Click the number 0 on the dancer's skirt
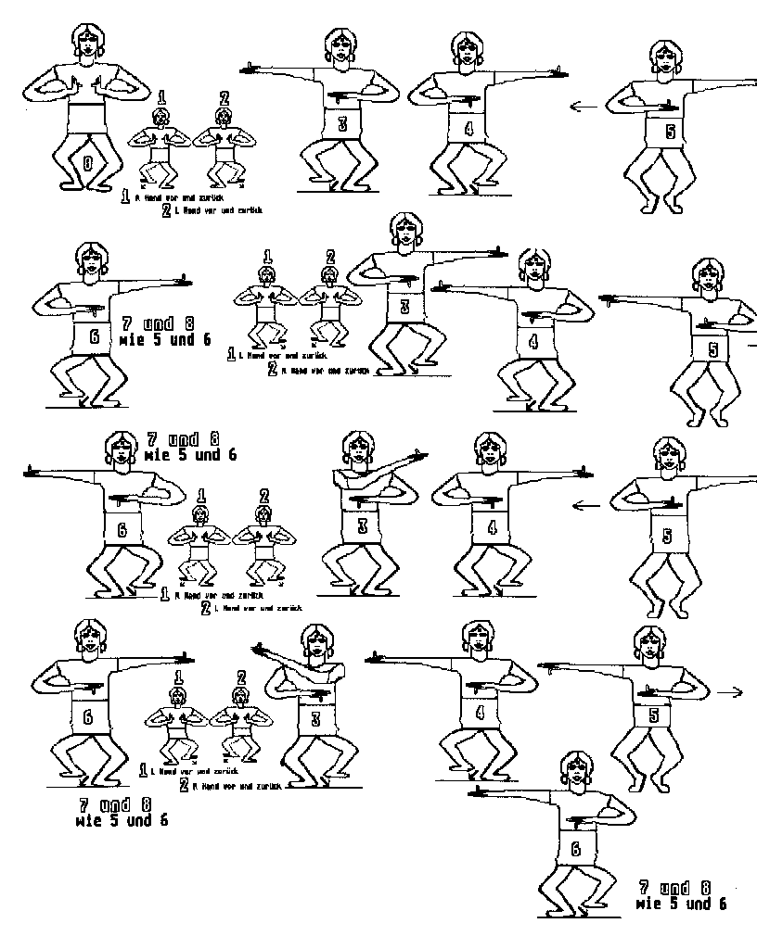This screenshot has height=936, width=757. click(88, 163)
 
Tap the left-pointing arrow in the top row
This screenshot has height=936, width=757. click(584, 107)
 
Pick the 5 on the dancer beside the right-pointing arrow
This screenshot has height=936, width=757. click(654, 715)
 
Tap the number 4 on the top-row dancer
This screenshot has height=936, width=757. click(468, 128)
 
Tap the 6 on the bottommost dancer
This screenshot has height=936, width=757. click(575, 848)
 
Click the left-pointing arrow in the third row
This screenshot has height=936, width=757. click(584, 505)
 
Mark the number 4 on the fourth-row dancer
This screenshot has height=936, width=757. click(480, 713)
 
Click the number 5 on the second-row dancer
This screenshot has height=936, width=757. click(712, 349)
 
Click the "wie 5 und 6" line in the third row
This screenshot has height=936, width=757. click(190, 455)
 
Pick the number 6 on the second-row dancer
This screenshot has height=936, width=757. click(94, 336)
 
